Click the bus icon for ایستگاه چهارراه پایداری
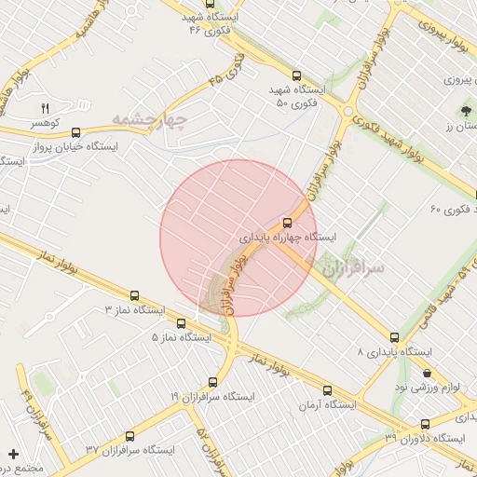(x=286, y=223)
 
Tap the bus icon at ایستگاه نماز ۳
(x=136, y=295)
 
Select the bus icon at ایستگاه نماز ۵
(x=180, y=323)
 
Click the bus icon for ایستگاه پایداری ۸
(x=394, y=338)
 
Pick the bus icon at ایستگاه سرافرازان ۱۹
(x=212, y=382)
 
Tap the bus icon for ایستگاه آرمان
(x=327, y=391)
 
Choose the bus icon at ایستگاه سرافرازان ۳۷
(x=129, y=436)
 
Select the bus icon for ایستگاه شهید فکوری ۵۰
(x=296, y=75)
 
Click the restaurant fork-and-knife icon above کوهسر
(x=44, y=108)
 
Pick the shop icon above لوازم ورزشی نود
(x=427, y=374)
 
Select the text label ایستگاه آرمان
(x=328, y=405)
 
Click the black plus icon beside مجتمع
(x=13, y=454)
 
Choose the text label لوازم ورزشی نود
(x=427, y=387)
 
